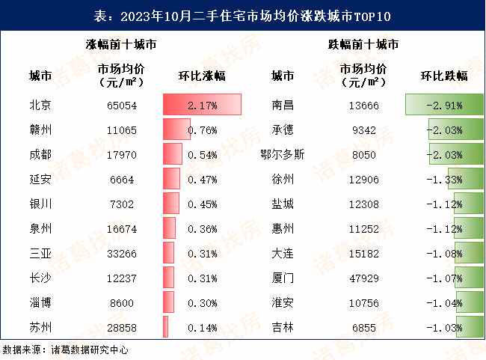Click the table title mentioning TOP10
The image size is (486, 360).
point(242,15)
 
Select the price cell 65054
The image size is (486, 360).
point(122,106)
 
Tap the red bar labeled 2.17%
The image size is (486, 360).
point(202,106)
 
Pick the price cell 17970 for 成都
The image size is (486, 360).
point(122,154)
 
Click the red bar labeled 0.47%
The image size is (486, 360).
point(172,179)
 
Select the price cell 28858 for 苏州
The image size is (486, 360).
point(122,326)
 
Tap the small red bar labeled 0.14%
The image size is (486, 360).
point(166,326)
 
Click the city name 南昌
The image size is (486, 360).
point(283,106)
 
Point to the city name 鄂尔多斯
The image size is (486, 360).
point(283,154)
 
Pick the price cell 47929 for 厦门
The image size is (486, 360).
point(364,277)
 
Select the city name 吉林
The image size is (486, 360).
point(283,326)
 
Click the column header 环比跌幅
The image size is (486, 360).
point(444,76)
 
